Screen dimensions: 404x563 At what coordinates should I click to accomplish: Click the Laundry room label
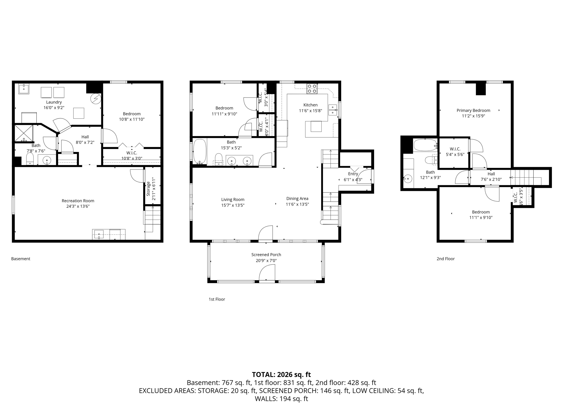pos(54,102)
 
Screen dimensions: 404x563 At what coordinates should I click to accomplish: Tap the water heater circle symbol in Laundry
pos(96,99)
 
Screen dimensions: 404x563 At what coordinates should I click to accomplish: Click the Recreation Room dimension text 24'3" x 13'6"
pos(78,206)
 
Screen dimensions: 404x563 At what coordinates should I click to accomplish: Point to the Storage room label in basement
pos(148,189)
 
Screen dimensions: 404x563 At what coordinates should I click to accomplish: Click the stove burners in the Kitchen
pos(312,89)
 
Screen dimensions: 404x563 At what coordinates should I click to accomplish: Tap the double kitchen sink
pos(333,110)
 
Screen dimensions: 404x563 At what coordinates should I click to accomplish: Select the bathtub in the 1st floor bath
pos(200,151)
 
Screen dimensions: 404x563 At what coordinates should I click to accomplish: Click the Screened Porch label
pos(266,255)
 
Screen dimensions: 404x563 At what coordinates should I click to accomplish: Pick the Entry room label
pos(353,174)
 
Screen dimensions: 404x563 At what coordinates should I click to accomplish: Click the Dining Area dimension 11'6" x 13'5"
pos(297,204)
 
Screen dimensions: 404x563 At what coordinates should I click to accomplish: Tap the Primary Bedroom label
pos(473,110)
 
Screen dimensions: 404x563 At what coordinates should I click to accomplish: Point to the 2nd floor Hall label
pos(491,174)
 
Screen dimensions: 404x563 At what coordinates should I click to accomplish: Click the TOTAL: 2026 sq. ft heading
pos(281,375)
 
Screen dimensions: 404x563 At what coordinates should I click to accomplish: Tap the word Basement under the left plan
pos(21,259)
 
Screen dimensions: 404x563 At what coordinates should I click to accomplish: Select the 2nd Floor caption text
pos(445,259)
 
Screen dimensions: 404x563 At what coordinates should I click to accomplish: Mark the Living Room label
pos(233,200)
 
